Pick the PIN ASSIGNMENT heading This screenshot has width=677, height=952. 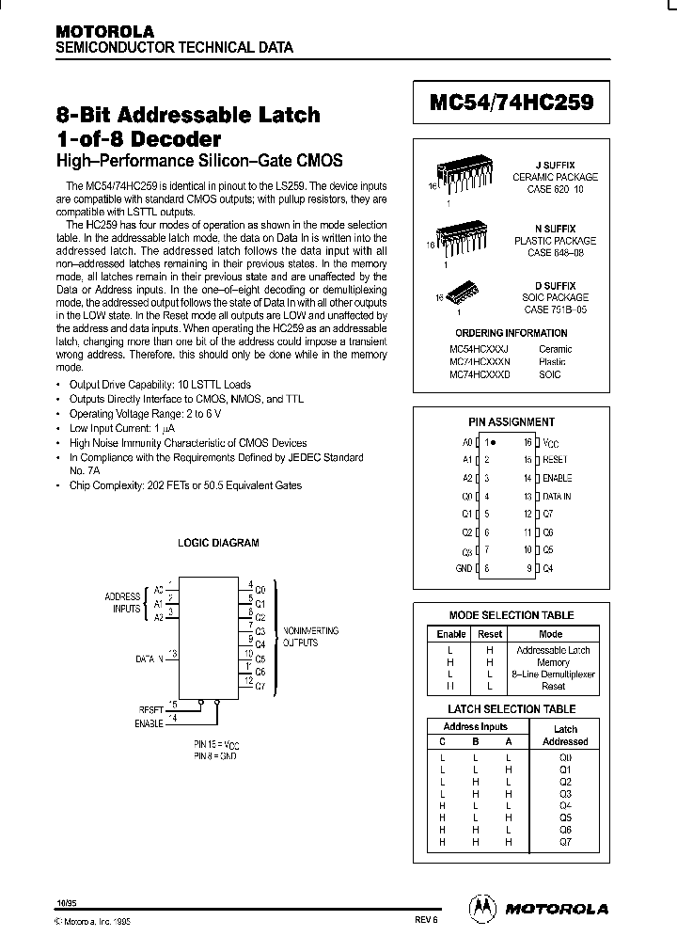coord(512,422)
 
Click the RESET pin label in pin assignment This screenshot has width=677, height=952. coord(556,460)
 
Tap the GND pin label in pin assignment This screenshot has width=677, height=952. coord(464,568)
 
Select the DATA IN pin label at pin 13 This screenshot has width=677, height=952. coord(557,496)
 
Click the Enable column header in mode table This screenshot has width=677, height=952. coord(450,634)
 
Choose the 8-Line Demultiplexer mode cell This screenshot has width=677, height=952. coord(553,674)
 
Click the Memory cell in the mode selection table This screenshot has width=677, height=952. coord(553,662)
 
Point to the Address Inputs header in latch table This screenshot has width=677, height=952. coord(475,726)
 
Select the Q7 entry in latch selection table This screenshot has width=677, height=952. coord(565,842)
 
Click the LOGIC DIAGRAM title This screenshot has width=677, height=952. coord(218,543)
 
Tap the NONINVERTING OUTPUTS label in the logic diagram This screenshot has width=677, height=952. coord(310,637)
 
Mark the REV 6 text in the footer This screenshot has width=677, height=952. coord(426,922)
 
